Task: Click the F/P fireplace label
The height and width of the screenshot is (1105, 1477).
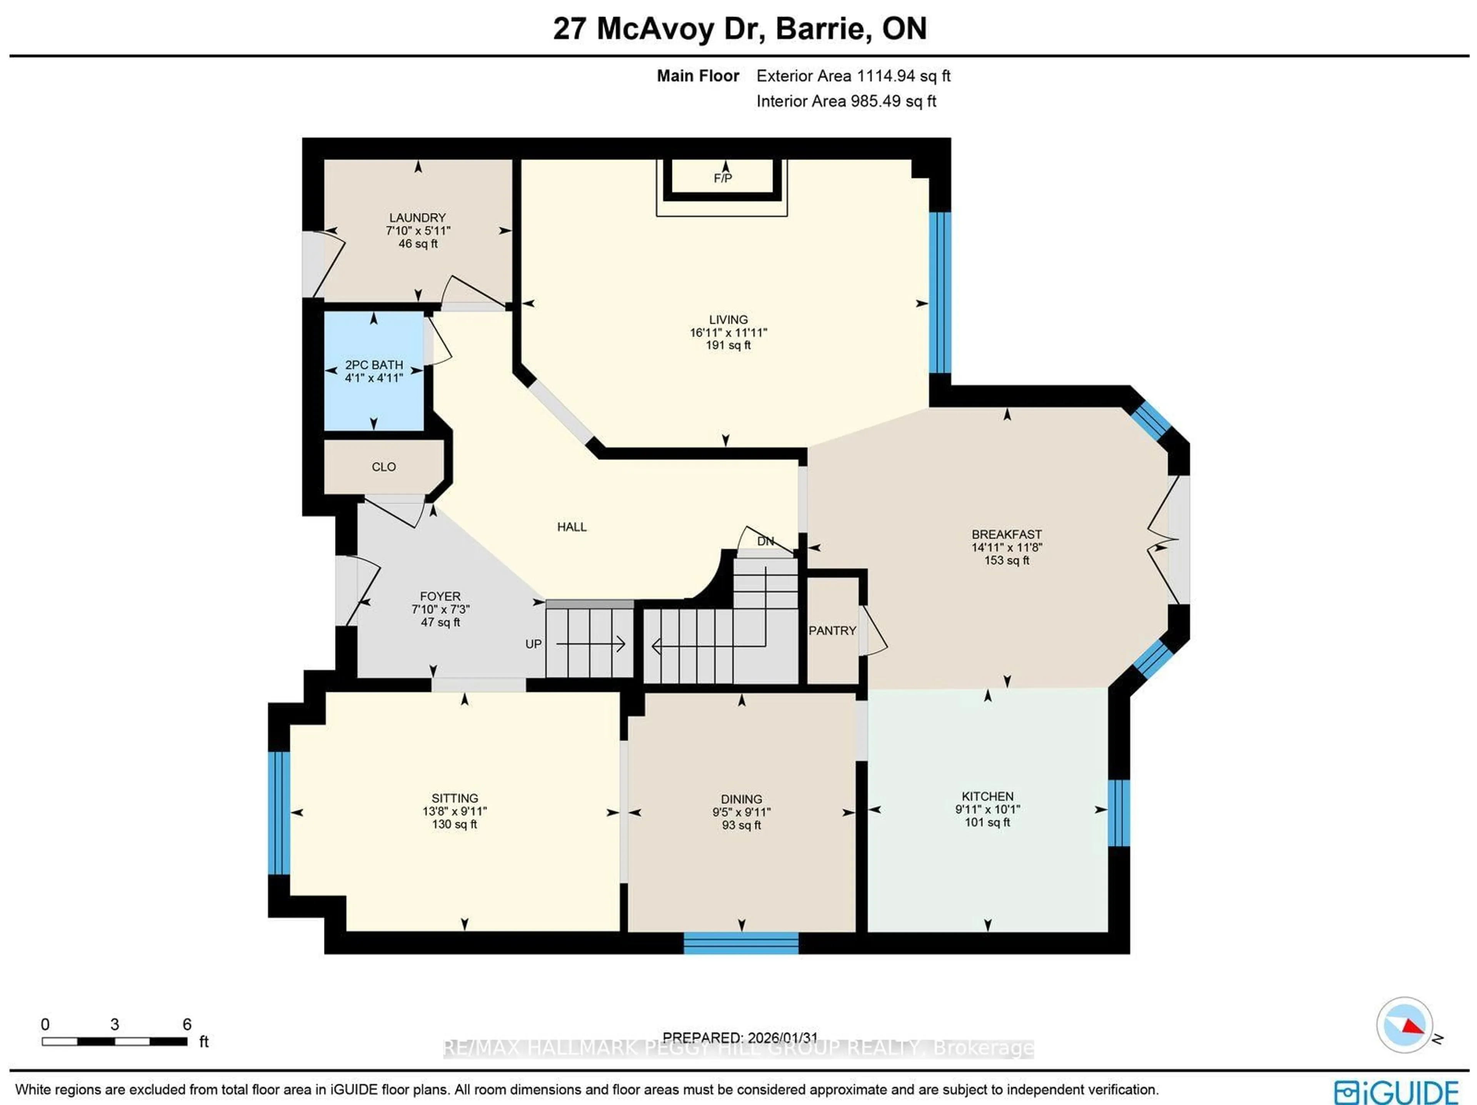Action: pyautogui.click(x=722, y=178)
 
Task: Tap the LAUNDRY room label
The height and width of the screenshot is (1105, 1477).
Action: pyautogui.click(x=417, y=218)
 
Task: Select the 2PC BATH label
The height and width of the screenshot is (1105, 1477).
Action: pyautogui.click(x=374, y=365)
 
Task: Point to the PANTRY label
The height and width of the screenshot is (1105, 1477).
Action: pyautogui.click(x=832, y=631)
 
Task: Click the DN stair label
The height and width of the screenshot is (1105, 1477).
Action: pyautogui.click(x=765, y=541)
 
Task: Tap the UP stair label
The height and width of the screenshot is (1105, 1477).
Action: pyautogui.click(x=533, y=644)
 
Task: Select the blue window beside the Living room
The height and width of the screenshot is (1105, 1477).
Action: pyautogui.click(x=940, y=292)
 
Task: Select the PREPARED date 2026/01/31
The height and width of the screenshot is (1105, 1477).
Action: pyautogui.click(x=740, y=1038)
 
